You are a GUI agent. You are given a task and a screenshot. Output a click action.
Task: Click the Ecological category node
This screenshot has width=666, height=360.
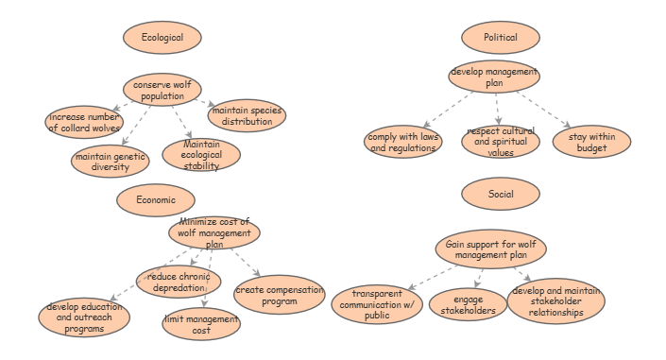coord(162,37)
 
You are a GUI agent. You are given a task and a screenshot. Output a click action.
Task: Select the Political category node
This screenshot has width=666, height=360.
coord(500,37)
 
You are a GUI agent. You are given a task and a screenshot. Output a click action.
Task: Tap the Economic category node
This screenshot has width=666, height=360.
coord(156,199)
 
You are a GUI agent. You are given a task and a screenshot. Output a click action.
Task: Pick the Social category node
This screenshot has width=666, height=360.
coord(501,194)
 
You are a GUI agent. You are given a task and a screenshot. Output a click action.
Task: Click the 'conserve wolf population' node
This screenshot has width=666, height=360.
coord(162,91)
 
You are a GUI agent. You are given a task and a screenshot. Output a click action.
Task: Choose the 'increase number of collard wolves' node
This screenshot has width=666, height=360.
coord(85,122)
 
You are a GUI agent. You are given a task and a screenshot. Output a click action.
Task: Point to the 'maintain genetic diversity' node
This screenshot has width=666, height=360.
coord(111,161)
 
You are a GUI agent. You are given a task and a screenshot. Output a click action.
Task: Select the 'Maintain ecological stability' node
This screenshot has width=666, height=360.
coord(201,155)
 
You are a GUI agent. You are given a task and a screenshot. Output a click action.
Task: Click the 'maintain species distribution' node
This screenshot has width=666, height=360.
coord(248,115)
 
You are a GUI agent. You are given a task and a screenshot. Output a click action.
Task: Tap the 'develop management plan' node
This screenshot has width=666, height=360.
coord(494,77)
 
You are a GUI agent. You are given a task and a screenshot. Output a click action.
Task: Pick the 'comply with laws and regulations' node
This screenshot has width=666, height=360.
coord(403,143)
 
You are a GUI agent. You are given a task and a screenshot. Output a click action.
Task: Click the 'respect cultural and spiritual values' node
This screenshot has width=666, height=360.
coord(501,142)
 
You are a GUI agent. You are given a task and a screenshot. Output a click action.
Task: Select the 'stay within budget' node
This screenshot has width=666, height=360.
coord(591,143)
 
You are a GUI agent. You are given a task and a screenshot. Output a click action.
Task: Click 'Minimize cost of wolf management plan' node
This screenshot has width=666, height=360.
coord(214,232)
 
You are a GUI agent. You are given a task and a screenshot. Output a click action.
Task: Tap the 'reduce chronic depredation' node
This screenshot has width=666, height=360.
coord(179,281)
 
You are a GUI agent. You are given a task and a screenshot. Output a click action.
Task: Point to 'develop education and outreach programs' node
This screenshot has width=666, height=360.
coord(78,318)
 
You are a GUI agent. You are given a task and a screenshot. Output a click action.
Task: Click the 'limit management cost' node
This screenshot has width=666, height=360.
coord(201,324)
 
